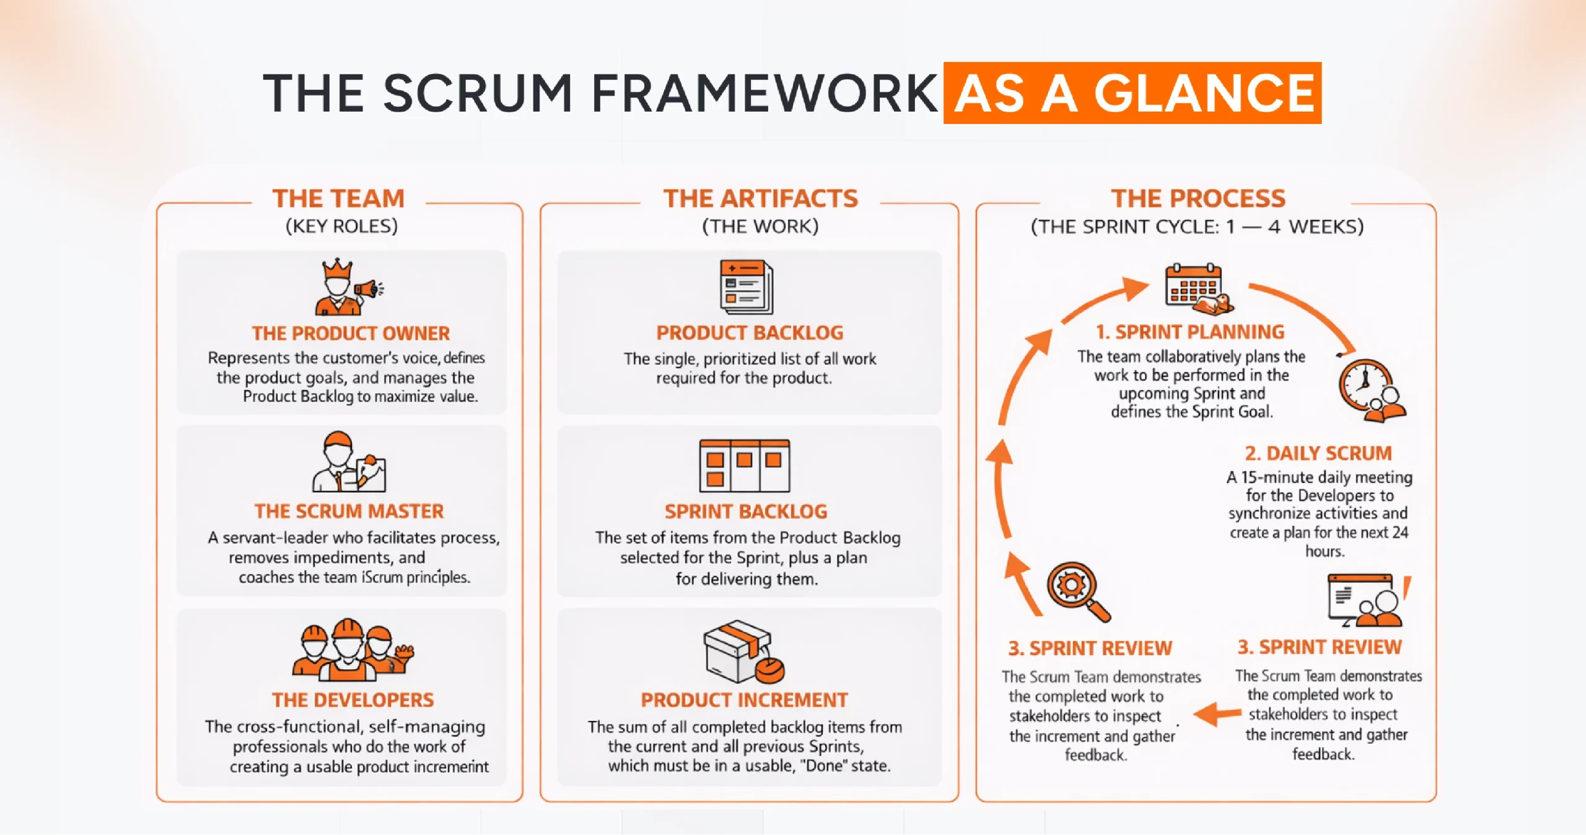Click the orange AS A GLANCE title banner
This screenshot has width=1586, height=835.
1132,93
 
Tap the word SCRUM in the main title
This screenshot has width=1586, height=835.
477,93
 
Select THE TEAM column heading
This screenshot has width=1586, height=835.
338,198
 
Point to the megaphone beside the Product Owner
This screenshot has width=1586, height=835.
369,289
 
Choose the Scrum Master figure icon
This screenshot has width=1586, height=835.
338,462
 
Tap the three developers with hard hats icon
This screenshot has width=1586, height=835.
351,650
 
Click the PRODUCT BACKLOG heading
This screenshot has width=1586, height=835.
750,333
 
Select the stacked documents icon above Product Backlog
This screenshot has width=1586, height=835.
747,287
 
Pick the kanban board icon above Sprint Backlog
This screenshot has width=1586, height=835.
744,466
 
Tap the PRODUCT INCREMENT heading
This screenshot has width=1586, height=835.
744,700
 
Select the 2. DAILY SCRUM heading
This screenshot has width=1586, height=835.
1318,453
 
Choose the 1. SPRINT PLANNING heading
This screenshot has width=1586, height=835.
1189,332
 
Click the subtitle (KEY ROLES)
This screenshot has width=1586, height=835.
341,226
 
